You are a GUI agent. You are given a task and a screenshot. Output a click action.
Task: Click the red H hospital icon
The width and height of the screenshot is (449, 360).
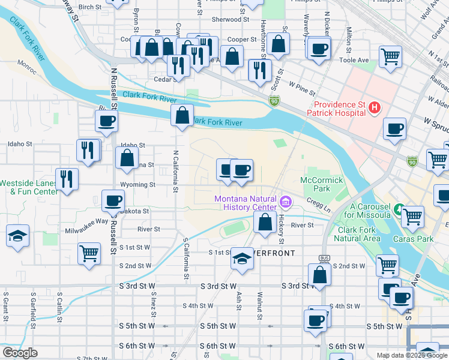tap(375, 108)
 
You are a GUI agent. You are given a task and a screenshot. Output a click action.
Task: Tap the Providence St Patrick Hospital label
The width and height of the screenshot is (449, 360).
tap(336, 108)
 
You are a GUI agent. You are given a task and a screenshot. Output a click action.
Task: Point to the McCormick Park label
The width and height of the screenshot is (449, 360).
tap(321, 184)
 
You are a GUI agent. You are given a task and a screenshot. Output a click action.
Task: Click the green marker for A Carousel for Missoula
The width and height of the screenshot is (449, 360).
tap(399, 209)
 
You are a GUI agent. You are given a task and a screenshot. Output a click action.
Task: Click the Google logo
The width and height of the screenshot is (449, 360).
tap(20, 353)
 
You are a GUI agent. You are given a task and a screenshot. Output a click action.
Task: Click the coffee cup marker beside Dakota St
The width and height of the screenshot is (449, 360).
tap(113, 200)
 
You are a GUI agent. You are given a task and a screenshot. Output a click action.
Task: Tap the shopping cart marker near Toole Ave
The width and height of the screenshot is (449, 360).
tap(391, 57)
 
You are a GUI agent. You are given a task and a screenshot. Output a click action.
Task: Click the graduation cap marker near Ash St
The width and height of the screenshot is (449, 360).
tap(242, 258)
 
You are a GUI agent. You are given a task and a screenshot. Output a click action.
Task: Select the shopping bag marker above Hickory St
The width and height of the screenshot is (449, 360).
tap(265, 222)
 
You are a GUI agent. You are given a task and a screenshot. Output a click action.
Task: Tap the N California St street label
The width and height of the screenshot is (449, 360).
tap(176, 171)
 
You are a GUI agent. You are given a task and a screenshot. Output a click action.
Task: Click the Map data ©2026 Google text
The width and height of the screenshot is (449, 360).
tap(412, 355)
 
